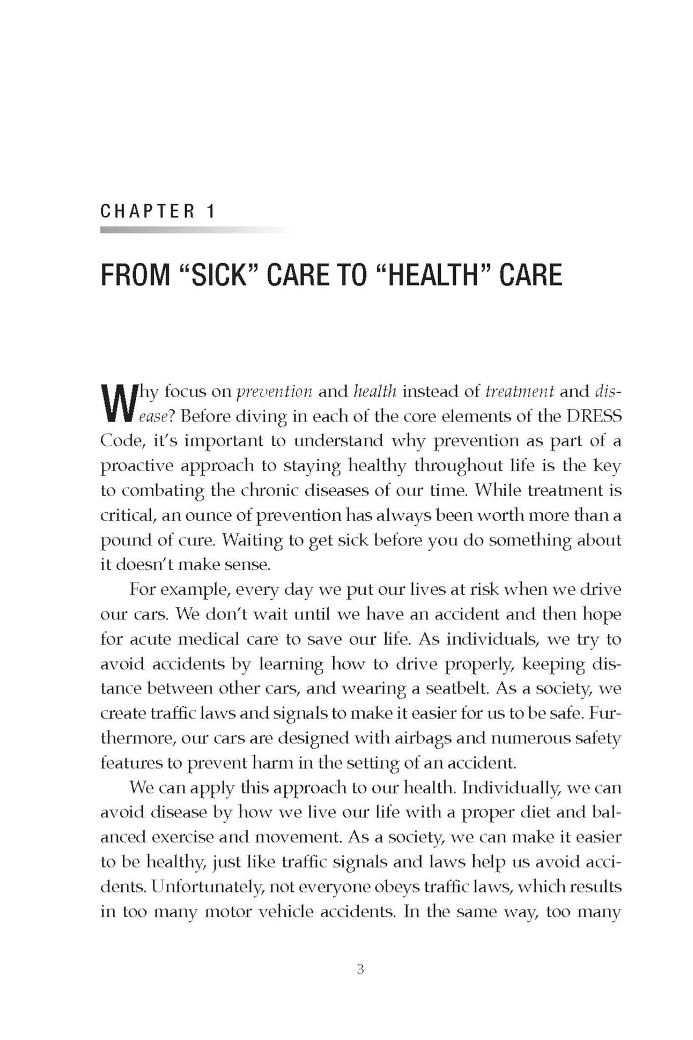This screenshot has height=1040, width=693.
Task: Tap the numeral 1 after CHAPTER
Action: point(211,212)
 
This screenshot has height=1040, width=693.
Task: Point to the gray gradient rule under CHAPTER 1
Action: point(198,230)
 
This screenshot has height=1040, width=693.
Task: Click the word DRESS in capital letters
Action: point(594,416)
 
